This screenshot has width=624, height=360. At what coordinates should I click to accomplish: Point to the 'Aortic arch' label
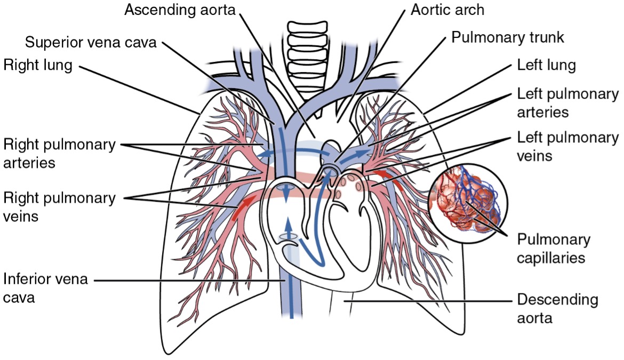tap(447, 10)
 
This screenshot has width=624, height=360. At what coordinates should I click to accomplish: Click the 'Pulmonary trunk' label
tap(507, 37)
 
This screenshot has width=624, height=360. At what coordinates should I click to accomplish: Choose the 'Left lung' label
tap(547, 65)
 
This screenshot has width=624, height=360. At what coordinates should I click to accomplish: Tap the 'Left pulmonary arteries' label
tap(567, 103)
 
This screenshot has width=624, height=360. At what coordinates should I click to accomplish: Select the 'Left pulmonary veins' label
tap(567, 146)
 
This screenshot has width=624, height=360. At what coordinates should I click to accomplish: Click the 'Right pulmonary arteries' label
tap(59, 153)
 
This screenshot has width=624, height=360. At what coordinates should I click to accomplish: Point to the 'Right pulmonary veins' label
tap(59, 207)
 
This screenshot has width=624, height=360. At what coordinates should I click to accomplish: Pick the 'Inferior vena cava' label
tap(45, 288)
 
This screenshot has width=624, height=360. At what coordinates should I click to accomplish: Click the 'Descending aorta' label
tap(557, 308)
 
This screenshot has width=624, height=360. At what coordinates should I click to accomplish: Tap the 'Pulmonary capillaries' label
tap(554, 249)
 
